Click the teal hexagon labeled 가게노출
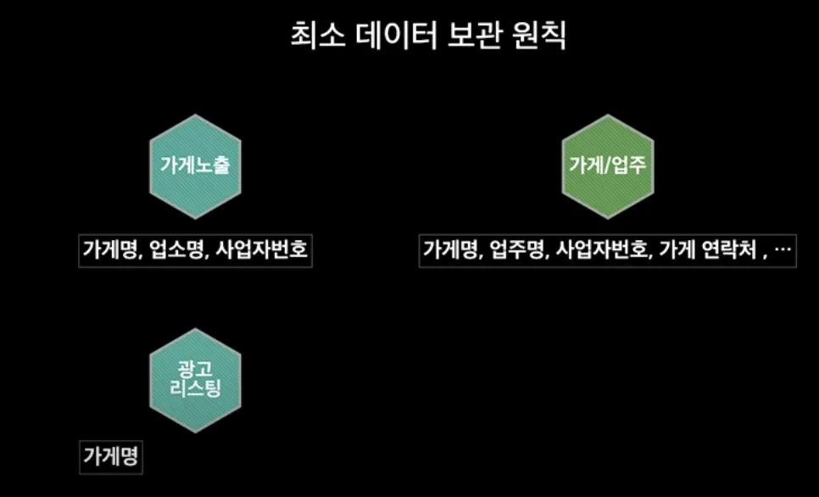[x=195, y=165]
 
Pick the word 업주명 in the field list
[x=515, y=250]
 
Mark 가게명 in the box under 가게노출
[x=111, y=250]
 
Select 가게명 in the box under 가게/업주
[x=452, y=250]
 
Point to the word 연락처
[x=729, y=250]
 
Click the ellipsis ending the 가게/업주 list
[x=783, y=251]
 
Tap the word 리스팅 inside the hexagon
[x=195, y=393]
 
